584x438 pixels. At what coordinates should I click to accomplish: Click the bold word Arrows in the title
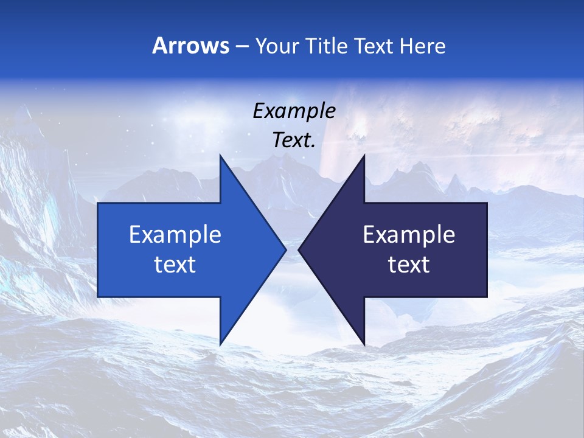click(x=191, y=46)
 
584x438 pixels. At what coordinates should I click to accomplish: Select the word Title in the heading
click(x=327, y=46)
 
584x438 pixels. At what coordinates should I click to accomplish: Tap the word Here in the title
click(x=423, y=46)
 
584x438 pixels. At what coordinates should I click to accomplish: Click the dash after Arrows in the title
click(x=242, y=46)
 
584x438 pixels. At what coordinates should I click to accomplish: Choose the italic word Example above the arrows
click(x=294, y=111)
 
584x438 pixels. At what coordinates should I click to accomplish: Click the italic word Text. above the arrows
click(x=294, y=140)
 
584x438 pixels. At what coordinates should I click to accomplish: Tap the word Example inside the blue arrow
click(x=175, y=234)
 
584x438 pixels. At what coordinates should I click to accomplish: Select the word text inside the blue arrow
click(x=175, y=264)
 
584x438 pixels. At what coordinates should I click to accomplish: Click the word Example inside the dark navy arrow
click(x=409, y=234)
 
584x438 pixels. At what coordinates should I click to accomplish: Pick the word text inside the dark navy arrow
click(x=409, y=264)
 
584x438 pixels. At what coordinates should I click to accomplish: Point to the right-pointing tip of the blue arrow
click(x=286, y=249)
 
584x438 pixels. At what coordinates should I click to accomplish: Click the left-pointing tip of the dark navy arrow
click(x=299, y=249)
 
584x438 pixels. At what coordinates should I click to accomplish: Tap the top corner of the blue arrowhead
click(x=220, y=155)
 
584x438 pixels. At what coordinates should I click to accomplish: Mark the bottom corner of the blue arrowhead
click(x=220, y=345)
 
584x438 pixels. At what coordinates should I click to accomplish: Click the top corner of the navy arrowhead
click(x=364, y=155)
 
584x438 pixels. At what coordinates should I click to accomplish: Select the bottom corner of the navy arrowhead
click(x=364, y=345)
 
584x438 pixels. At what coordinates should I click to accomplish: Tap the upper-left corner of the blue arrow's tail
click(x=98, y=203)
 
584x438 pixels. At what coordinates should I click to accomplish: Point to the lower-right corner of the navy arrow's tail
click(x=487, y=297)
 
